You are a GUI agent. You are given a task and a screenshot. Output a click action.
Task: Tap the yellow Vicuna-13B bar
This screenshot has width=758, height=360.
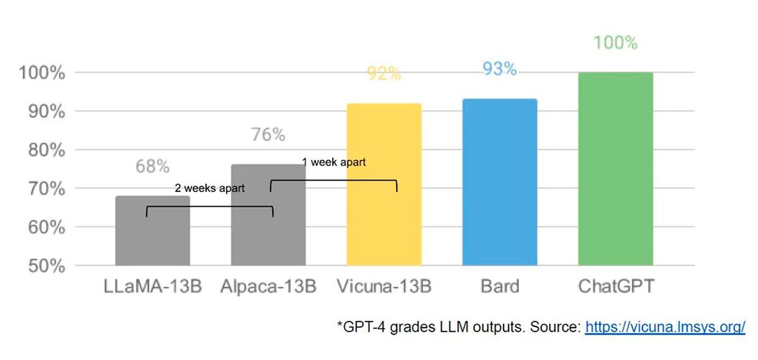tap(384, 189)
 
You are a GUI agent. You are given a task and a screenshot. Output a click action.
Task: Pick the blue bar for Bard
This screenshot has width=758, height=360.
tap(500, 183)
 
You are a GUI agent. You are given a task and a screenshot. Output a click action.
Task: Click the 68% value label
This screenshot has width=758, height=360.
tap(152, 167)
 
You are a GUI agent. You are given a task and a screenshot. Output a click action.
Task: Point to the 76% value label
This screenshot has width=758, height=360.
tap(268, 135)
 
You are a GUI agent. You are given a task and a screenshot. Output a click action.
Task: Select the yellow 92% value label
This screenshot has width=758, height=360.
tap(383, 74)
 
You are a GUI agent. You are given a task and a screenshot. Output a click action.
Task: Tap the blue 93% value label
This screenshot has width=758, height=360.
tap(499, 69)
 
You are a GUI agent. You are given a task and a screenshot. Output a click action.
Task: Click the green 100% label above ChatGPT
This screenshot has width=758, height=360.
tap(615, 43)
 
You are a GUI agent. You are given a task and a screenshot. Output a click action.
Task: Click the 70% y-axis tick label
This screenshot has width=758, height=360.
tap(47, 189)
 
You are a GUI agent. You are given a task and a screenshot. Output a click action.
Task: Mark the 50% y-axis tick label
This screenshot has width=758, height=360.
tap(47, 266)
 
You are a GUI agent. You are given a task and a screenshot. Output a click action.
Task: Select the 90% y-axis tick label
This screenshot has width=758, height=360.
tap(47, 112)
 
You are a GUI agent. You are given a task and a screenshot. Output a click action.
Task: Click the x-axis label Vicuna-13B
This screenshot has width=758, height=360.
tap(384, 287)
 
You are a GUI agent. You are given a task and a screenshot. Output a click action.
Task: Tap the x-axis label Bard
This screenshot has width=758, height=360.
tap(500, 287)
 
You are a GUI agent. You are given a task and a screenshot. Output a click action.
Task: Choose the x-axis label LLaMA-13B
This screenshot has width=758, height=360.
tap(152, 287)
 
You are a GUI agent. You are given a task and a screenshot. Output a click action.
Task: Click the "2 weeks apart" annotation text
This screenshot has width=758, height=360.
tap(210, 188)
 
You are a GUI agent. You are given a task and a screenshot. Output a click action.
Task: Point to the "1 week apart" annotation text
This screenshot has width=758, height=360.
tap(334, 162)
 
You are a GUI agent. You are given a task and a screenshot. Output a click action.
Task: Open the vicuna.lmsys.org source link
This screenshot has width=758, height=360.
tap(665, 327)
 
